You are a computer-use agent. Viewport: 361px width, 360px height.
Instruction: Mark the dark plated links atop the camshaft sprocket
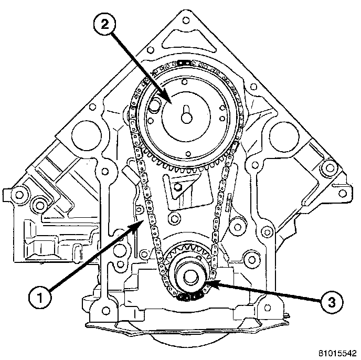pos(184,63)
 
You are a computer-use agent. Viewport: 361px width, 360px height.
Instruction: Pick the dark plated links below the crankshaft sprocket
pos(189,297)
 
